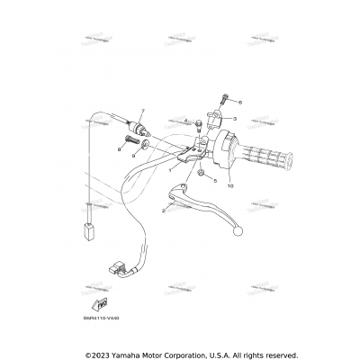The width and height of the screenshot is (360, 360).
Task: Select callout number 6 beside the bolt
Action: (239, 103)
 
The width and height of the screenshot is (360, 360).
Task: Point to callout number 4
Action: (184, 121)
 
